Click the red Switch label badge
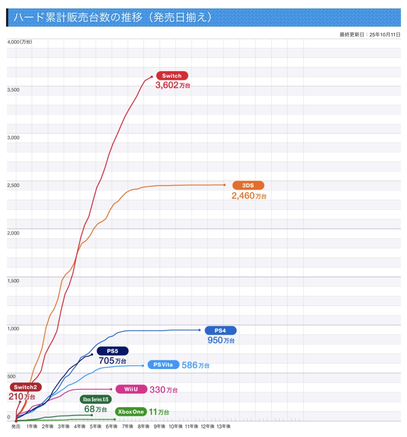172,76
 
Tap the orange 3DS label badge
248,185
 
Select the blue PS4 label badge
220,331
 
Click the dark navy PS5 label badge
112,351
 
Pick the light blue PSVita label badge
163,365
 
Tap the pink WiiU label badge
131,389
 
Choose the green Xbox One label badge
131,412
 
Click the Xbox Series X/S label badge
96,399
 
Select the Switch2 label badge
25,387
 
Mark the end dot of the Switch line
152,77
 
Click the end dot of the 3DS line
224,185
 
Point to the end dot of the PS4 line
199,330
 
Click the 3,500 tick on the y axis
13,90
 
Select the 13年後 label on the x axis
223,426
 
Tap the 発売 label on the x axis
16,426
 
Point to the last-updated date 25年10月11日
385,34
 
